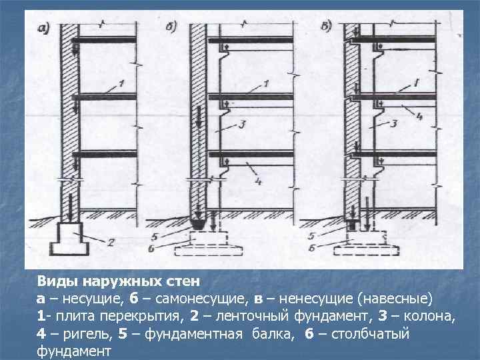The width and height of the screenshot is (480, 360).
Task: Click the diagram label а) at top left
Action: [x=44, y=28]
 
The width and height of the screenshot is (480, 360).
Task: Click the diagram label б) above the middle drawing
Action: [x=171, y=28]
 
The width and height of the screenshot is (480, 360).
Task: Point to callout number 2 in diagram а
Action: [x=110, y=243]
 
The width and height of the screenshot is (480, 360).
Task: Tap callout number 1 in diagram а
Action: [x=121, y=83]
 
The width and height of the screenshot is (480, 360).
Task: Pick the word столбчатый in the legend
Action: [x=371, y=333]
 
